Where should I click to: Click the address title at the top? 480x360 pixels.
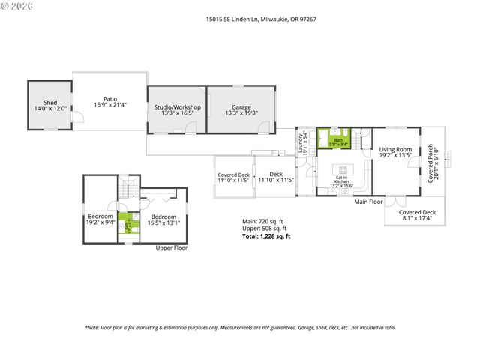(x=239, y=20)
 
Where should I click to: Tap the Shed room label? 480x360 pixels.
(x=50, y=105)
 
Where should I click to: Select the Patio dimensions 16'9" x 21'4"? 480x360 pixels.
(x=110, y=105)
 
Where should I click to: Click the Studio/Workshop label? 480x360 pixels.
(x=178, y=110)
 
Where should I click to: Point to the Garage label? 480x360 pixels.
(x=241, y=110)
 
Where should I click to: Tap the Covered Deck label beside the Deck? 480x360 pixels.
(x=233, y=178)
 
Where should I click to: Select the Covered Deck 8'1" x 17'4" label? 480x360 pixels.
(x=417, y=216)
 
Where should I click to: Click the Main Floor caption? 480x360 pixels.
(x=368, y=202)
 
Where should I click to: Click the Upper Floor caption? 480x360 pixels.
(x=171, y=247)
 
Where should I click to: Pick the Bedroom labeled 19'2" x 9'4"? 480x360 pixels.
(x=100, y=219)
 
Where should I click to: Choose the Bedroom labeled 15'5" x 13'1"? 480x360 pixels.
(x=163, y=219)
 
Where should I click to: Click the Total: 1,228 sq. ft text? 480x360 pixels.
(x=265, y=236)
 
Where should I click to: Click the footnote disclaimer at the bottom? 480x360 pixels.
(x=240, y=327)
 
